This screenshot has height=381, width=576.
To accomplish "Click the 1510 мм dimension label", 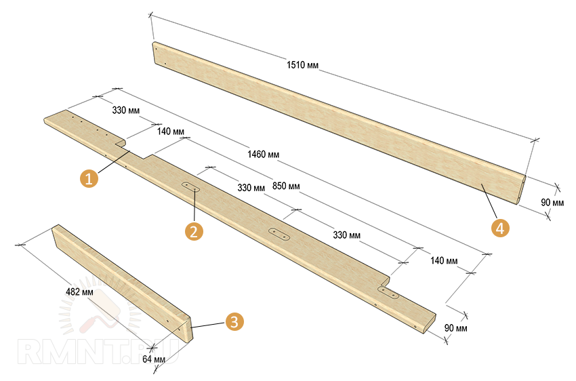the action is click(x=302, y=65).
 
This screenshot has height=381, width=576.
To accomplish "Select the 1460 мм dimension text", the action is click(x=263, y=154).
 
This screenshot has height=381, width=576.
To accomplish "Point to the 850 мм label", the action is click(x=286, y=186).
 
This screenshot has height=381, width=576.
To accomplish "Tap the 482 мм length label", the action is click(x=79, y=292).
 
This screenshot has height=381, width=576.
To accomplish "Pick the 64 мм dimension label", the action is click(x=154, y=359).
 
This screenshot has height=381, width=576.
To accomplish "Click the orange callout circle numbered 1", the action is click(x=89, y=178).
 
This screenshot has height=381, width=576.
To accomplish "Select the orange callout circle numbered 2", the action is click(x=194, y=231).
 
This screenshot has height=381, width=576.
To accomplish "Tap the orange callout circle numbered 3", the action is click(x=234, y=321).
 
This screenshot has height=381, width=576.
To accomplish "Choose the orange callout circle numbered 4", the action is click(x=500, y=228).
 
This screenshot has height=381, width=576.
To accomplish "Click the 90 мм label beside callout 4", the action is click(x=552, y=203).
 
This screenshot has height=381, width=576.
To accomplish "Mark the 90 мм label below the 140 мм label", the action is click(x=455, y=327).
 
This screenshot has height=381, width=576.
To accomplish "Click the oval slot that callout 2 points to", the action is click(x=190, y=186).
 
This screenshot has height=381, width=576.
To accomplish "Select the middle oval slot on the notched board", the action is click(x=279, y=234).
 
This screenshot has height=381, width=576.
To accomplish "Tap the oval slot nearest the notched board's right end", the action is click(x=388, y=293).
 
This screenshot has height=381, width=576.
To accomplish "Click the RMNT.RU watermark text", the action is click(x=98, y=353).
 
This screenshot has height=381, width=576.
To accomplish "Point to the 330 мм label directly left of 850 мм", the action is click(x=251, y=188).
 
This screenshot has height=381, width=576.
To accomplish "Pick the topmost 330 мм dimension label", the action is click(x=125, y=111).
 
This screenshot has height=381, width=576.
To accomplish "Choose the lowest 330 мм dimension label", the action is click(x=346, y=235).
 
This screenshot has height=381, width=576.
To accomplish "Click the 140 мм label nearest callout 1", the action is click(x=171, y=131).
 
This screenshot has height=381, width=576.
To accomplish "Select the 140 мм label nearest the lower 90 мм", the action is click(x=444, y=261).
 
